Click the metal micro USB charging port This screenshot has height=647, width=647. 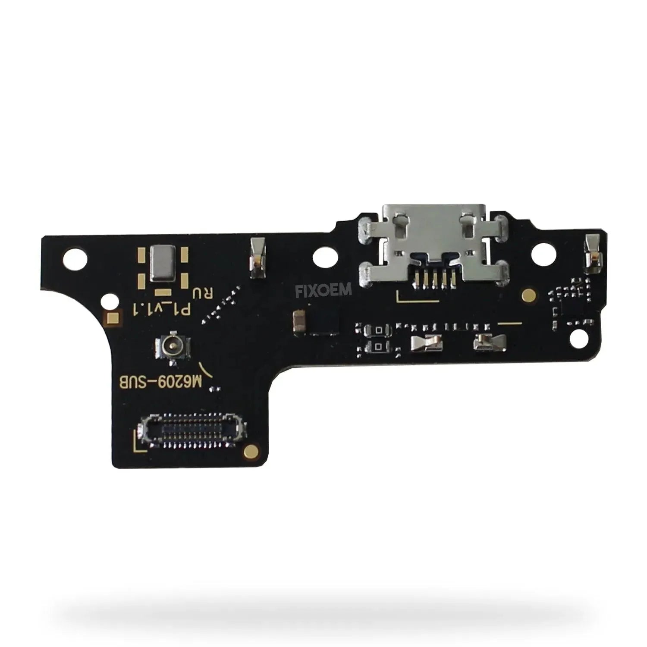[x=434, y=246]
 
